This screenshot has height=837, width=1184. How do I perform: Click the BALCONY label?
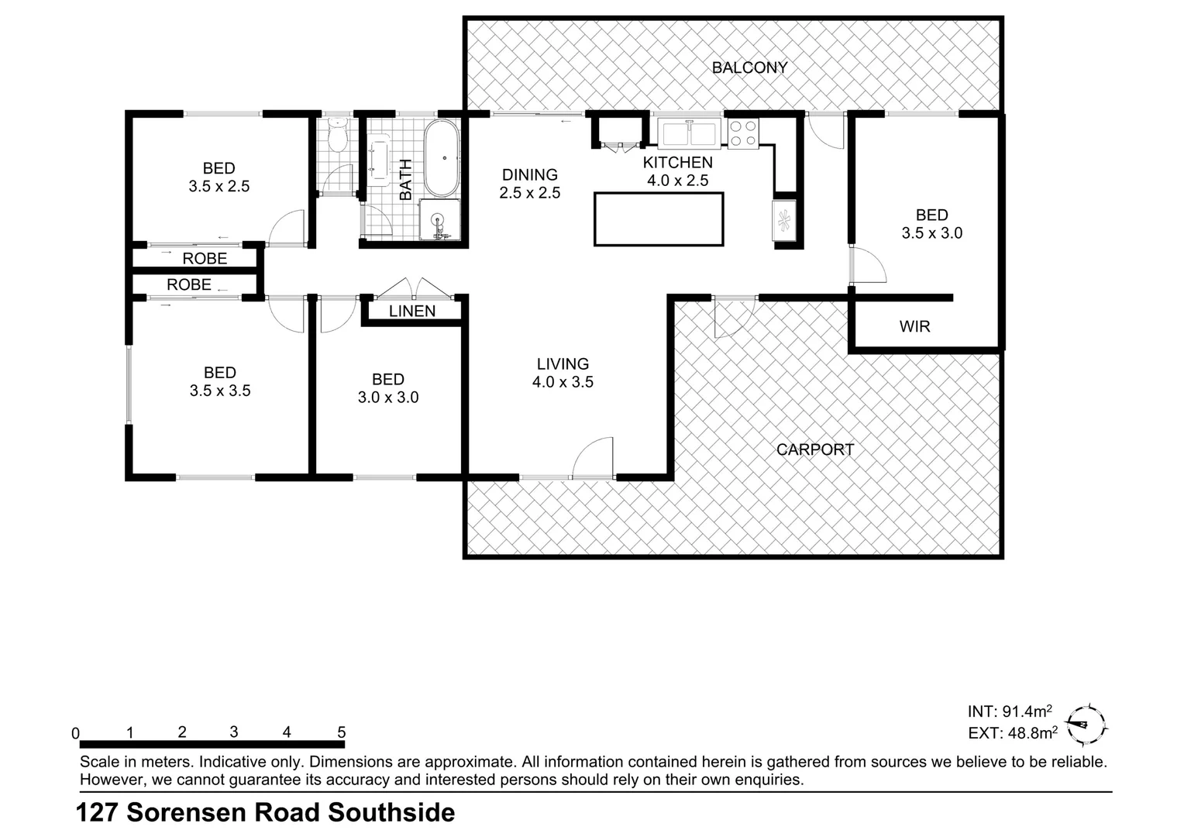(749, 67)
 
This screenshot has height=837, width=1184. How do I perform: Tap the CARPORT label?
(814, 449)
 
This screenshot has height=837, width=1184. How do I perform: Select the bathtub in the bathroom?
(442, 159)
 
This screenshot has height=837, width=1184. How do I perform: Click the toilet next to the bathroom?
(337, 135)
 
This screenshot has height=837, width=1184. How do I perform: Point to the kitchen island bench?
(659, 219)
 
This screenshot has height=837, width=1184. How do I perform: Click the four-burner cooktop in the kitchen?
(743, 133)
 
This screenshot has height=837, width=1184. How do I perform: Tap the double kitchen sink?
(689, 133)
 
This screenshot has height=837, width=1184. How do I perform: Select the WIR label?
(914, 326)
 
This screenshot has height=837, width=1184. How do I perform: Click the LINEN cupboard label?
(412, 311)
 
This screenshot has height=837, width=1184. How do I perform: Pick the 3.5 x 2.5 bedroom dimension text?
(219, 187)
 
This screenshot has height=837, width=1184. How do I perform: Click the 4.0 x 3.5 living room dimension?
(563, 382)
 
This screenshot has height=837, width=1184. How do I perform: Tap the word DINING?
(529, 175)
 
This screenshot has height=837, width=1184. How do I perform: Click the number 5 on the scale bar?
(341, 732)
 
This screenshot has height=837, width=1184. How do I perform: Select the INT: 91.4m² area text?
(1009, 711)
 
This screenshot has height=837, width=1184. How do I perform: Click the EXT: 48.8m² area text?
(1012, 732)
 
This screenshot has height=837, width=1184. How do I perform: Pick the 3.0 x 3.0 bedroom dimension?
(387, 398)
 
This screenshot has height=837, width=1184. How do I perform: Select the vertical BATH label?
(405, 180)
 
